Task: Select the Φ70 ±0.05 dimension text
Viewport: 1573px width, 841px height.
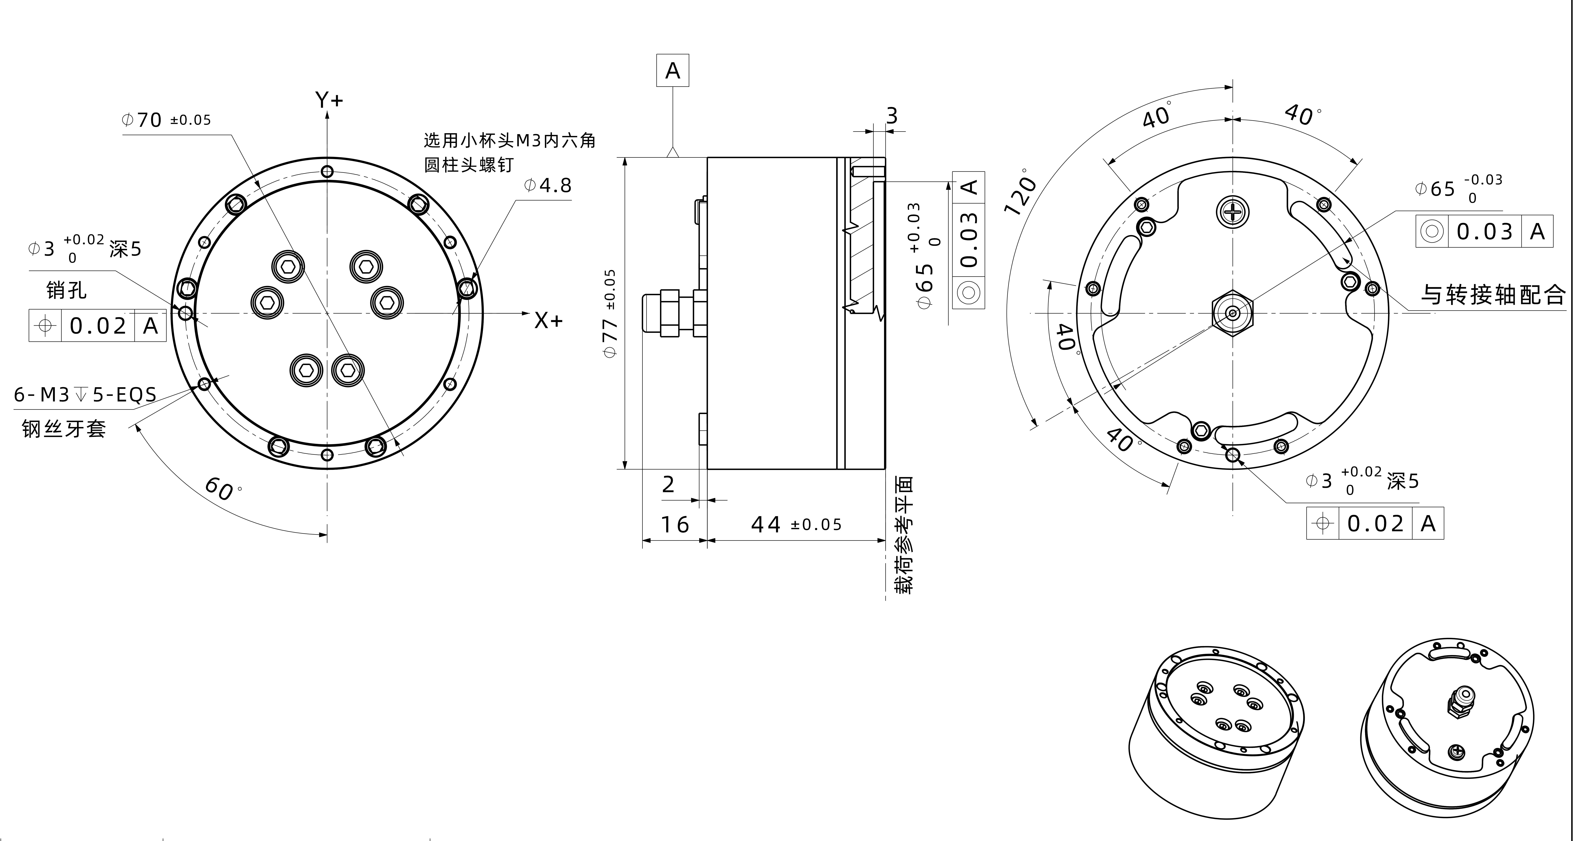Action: (x=166, y=120)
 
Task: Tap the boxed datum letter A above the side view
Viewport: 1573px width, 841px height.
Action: (x=672, y=71)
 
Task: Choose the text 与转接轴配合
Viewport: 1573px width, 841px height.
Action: (x=1492, y=295)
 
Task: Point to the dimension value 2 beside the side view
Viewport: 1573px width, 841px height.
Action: (x=668, y=485)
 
